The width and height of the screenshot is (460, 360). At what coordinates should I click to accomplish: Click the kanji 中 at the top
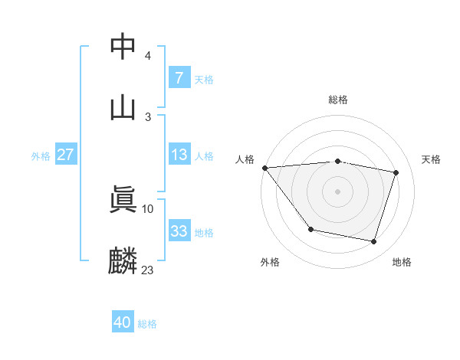(123, 45)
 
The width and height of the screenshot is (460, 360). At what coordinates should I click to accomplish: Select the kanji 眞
(123, 198)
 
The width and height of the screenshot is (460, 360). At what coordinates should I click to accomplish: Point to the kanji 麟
(123, 260)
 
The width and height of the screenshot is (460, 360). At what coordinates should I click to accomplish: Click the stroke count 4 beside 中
(148, 56)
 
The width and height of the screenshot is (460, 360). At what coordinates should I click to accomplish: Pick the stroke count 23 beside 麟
(148, 270)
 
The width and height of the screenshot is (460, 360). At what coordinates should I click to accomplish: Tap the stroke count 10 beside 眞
(148, 208)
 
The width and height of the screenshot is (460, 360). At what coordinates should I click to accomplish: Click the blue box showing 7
(179, 77)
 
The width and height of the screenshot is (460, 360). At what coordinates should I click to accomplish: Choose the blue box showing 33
(179, 231)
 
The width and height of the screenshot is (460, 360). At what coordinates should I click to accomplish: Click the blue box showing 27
(65, 154)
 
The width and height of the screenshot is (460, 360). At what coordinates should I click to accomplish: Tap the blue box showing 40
(122, 322)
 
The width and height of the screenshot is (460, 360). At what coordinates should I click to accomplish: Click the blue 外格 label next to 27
(41, 155)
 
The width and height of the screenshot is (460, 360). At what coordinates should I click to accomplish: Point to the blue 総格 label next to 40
(147, 324)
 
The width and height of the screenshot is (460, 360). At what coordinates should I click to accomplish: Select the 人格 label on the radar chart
(245, 159)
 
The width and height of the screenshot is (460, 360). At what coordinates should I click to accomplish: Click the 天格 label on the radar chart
(432, 159)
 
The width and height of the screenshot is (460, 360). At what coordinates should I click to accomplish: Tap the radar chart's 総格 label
(338, 100)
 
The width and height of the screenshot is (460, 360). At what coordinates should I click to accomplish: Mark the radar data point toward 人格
(264, 168)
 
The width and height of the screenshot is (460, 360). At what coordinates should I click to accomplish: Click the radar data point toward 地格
(374, 242)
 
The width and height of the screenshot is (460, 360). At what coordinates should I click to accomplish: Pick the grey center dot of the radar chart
(338, 191)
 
